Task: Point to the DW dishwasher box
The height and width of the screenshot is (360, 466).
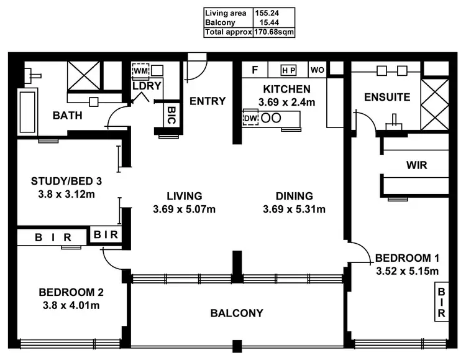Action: pos(250,118)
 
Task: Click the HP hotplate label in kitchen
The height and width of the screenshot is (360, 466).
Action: pos(288,70)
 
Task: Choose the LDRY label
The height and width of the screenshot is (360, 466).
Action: pos(147,86)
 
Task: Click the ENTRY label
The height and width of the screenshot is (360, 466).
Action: pos(207,101)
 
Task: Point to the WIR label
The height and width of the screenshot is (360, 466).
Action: pos(416,166)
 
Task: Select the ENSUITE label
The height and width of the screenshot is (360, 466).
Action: pos(386,98)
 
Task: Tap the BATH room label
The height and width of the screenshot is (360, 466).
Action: pos(67,116)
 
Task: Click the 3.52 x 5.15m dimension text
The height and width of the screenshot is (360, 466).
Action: pos(408,270)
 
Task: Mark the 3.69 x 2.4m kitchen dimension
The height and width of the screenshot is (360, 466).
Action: pos(286,101)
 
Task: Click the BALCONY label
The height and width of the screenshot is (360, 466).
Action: pos(237,313)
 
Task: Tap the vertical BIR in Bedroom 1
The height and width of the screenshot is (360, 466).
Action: pos(442,302)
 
